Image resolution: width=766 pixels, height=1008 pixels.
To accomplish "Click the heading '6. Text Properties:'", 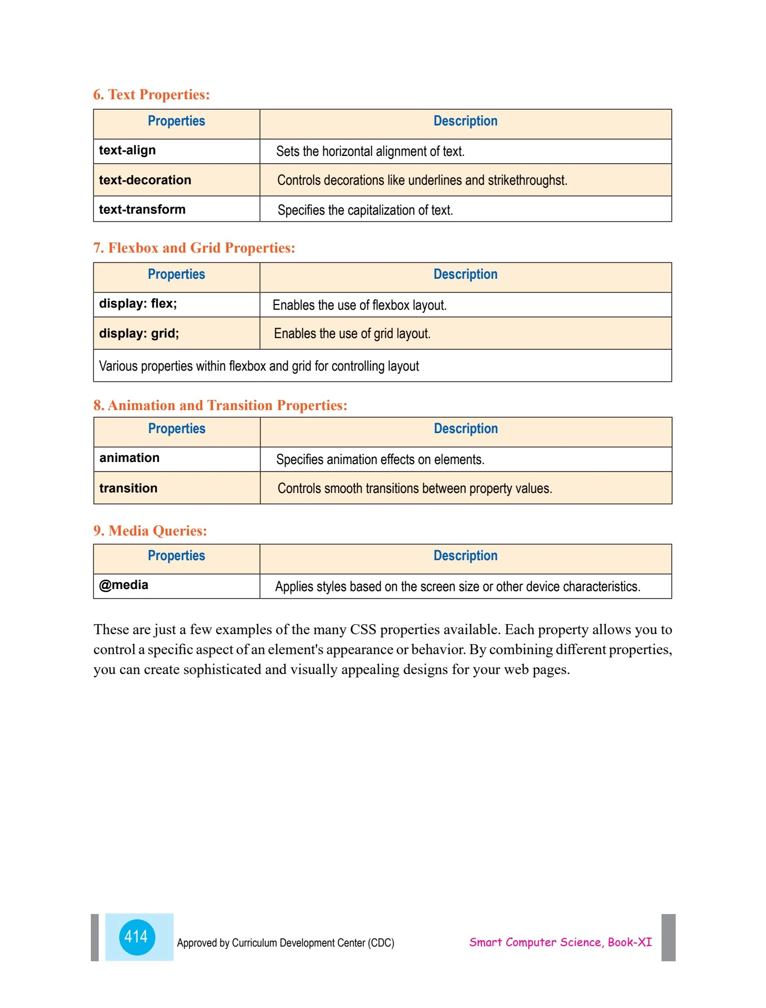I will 151,94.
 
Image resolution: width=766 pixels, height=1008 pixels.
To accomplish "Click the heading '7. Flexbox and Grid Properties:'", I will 194,248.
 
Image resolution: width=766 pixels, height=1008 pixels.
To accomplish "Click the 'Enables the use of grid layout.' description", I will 352,334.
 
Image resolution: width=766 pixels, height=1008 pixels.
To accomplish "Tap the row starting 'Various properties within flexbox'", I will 259,366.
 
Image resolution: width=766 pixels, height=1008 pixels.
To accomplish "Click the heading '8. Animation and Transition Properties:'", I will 221,405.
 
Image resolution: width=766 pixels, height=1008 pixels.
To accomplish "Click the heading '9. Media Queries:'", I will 150,531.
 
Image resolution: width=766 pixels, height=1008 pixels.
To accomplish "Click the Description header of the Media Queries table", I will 465,556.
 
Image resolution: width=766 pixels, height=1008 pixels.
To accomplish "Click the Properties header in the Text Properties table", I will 176,121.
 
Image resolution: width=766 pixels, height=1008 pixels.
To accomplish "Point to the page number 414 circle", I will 137,937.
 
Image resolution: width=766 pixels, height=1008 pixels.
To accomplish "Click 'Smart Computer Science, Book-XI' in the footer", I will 560,942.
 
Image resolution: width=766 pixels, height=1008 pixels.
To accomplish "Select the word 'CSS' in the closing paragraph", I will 363,629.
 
